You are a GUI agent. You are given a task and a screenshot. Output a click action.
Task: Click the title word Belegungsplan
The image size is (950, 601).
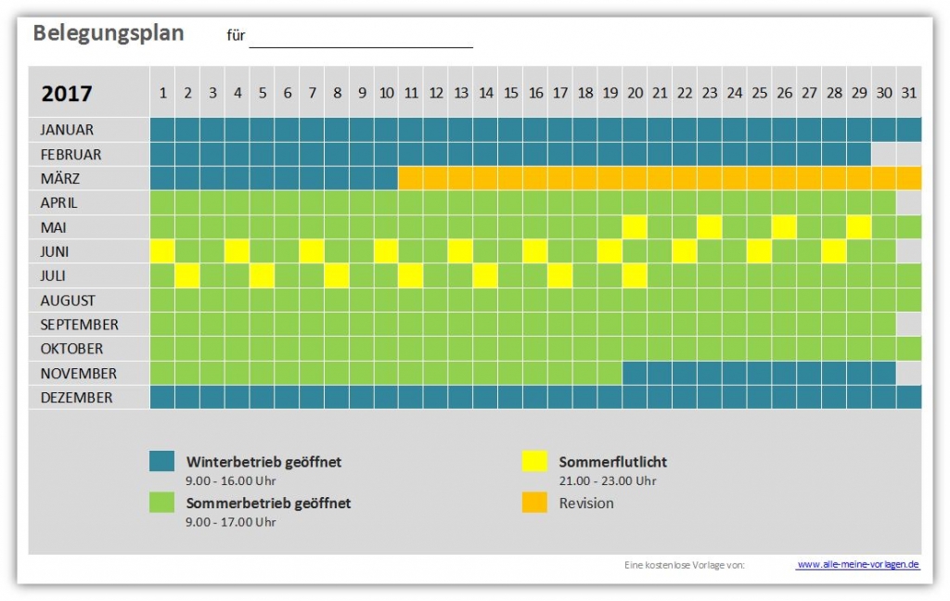click(x=109, y=33)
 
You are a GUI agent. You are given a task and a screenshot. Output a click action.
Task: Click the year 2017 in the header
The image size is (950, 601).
click(x=67, y=94)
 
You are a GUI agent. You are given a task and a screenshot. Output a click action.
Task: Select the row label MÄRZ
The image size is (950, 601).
click(x=59, y=178)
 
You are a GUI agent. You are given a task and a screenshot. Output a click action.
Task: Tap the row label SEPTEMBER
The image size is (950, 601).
click(x=80, y=325)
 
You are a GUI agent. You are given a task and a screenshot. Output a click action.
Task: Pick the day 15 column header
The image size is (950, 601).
click(x=510, y=93)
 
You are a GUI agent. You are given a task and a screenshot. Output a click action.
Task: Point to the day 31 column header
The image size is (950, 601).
click(x=908, y=93)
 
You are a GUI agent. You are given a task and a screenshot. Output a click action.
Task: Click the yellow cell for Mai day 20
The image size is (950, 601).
click(x=635, y=227)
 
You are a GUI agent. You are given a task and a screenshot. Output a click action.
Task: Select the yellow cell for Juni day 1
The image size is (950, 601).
click(x=162, y=251)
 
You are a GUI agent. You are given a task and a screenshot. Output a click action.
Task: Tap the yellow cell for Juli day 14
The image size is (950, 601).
click(x=485, y=275)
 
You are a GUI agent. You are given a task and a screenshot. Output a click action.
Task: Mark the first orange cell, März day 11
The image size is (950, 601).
click(x=411, y=178)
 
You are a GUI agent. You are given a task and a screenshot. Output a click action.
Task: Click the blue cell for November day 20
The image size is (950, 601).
click(x=635, y=373)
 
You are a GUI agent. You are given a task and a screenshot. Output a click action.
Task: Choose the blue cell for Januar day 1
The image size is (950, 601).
click(x=162, y=130)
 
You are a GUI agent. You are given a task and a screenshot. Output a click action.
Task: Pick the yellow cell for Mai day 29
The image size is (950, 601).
click(x=858, y=227)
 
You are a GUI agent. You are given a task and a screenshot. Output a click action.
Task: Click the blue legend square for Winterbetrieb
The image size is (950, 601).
click(x=162, y=461)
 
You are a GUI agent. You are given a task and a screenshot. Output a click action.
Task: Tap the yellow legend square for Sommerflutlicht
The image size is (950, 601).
click(x=534, y=461)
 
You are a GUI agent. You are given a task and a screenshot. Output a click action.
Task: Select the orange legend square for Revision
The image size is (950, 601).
click(x=534, y=503)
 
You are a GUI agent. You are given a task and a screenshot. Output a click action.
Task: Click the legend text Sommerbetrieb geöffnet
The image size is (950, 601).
click(x=268, y=503)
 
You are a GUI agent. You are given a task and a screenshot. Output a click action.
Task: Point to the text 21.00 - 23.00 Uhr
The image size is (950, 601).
click(x=608, y=480)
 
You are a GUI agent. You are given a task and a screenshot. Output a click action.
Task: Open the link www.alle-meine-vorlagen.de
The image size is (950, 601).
click(x=857, y=564)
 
